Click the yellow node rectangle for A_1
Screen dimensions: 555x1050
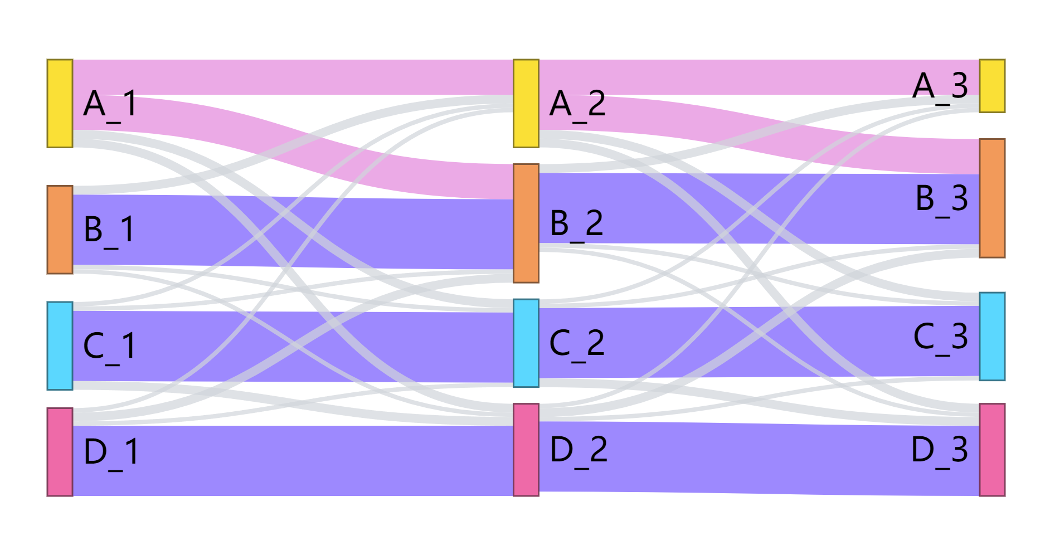60,104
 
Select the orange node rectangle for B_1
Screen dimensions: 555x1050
60,230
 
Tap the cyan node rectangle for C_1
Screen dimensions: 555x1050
60,345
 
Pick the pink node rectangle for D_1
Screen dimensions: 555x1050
60,451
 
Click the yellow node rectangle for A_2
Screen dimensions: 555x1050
526,104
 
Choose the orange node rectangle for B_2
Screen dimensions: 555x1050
526,223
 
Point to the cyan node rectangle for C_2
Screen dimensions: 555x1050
526,343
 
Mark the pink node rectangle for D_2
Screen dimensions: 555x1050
526,450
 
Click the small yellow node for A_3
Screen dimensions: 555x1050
992,86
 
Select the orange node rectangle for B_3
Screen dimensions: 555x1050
992,198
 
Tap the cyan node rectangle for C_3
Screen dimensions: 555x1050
992,336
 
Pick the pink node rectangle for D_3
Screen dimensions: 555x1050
992,450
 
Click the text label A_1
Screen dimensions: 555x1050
110,104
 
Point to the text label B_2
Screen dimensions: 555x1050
576,223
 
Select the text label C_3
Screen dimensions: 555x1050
940,337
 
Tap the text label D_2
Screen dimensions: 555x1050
578,450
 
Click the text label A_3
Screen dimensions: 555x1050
940,86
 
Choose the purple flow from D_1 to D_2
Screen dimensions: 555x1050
293,460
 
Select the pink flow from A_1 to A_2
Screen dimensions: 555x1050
293,77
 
